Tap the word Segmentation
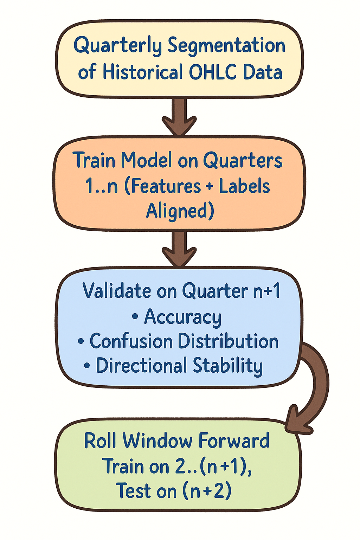226,46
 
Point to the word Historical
142,72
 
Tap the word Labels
244,186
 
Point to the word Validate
112,291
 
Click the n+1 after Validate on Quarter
267,291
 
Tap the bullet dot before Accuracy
135,317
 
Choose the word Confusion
132,341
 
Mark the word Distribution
228,341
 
